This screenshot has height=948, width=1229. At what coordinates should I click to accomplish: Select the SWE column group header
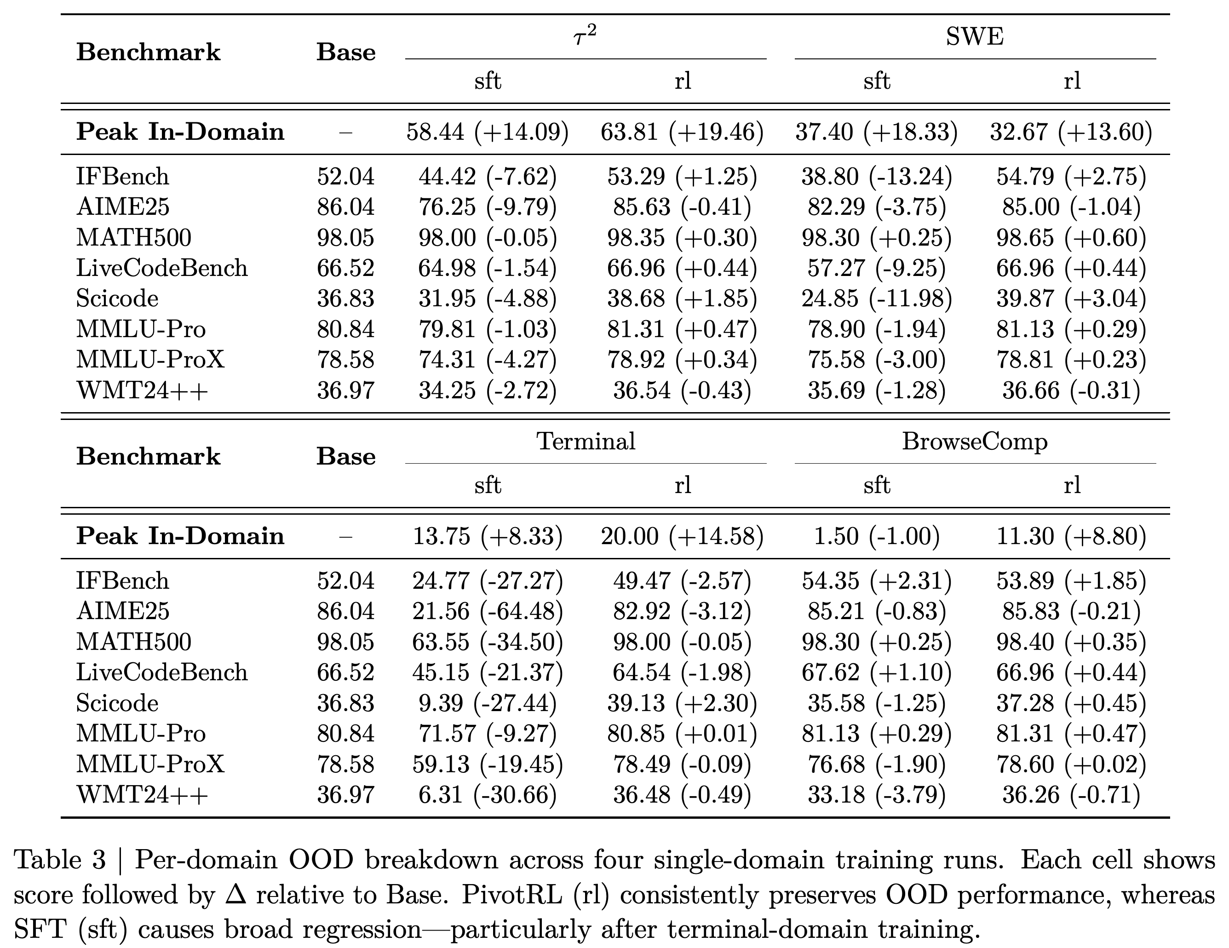pyautogui.click(x=975, y=37)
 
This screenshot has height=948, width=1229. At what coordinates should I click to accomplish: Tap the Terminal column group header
pyautogui.click(x=586, y=441)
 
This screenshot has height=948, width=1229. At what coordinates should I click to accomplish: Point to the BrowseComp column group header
pyautogui.click(x=975, y=442)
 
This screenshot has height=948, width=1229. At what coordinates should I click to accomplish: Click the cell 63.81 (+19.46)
pyautogui.click(x=682, y=132)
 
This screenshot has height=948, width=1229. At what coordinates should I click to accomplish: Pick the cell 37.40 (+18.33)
pyautogui.click(x=877, y=132)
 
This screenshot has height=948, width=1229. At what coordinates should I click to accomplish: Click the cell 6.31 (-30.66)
pyautogui.click(x=488, y=794)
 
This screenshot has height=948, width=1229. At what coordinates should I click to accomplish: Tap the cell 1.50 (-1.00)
pyautogui.click(x=877, y=536)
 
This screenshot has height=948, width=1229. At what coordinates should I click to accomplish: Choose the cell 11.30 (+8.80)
pyautogui.click(x=1071, y=536)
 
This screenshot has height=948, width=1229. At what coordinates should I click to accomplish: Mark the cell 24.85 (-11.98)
pyautogui.click(x=877, y=298)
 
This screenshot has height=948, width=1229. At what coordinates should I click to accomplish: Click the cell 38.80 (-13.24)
pyautogui.click(x=877, y=177)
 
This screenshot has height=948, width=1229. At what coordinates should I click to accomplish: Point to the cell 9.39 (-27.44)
pyautogui.click(x=488, y=703)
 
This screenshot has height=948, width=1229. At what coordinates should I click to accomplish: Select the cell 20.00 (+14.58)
pyautogui.click(x=682, y=536)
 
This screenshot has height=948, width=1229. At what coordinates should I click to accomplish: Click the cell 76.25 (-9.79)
pyautogui.click(x=488, y=207)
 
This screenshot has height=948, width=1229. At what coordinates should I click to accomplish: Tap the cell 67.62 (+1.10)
pyautogui.click(x=877, y=672)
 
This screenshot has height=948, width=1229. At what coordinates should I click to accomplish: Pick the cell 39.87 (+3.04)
pyautogui.click(x=1071, y=298)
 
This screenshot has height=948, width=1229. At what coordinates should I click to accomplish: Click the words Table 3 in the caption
pyautogui.click(x=60, y=860)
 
